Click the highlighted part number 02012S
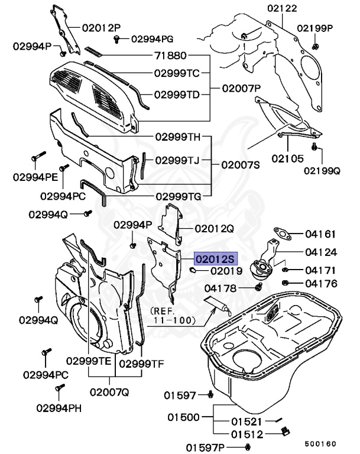pyautogui.click(x=216, y=259)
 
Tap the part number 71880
pyautogui.click(x=171, y=56)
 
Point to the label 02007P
pyautogui.click(x=241, y=89)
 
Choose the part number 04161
pyautogui.click(x=321, y=234)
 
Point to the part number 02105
pyautogui.click(x=287, y=158)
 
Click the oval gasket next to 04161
pyautogui.click(x=282, y=234)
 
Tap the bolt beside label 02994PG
pyautogui.click(x=118, y=39)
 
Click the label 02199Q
pyautogui.click(x=322, y=171)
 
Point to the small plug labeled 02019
pyautogui.click(x=193, y=271)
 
